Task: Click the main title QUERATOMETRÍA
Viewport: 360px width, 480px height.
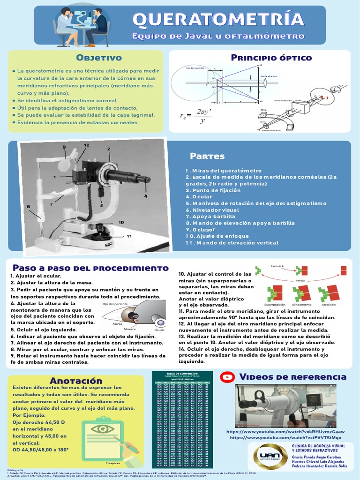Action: (218, 20)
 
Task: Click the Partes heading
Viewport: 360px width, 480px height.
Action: (207, 156)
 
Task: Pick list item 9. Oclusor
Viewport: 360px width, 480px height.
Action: (200, 230)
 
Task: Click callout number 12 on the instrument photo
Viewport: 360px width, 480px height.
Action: (87, 146)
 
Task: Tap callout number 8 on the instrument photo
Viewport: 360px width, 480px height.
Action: (28, 206)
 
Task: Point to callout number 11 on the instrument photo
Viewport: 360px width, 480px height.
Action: (129, 237)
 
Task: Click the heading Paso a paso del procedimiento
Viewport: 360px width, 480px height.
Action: (90, 268)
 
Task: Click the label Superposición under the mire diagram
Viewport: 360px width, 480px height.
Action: (269, 304)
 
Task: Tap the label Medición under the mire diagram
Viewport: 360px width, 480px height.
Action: (329, 304)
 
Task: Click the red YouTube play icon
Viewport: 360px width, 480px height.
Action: (228, 376)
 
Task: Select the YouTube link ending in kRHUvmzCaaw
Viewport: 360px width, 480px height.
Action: (285, 431)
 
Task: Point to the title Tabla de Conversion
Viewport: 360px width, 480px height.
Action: (182, 373)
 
